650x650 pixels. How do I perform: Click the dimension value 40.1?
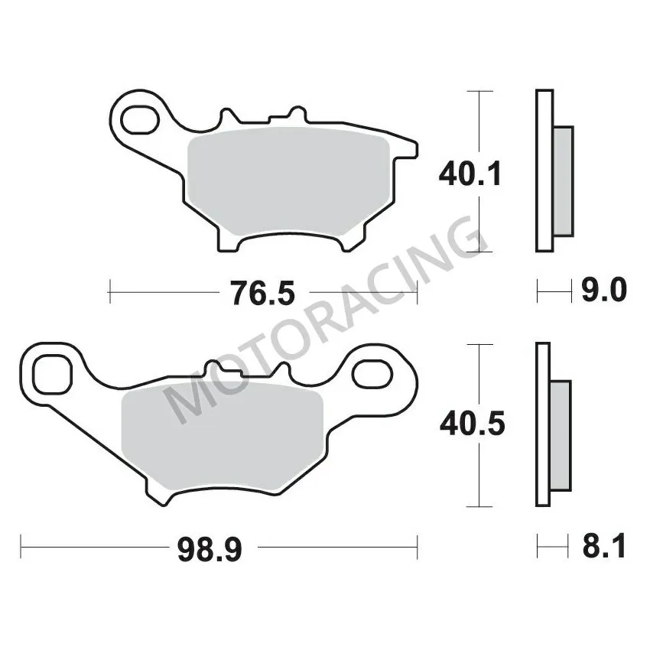point(470,175)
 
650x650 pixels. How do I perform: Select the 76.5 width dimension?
point(262,292)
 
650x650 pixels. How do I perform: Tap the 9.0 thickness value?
point(604,291)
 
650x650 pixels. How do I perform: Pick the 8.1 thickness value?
point(604,547)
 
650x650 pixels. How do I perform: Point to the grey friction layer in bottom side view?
point(561,437)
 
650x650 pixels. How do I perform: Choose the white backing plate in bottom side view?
point(543,424)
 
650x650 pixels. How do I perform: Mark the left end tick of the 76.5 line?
point(110,291)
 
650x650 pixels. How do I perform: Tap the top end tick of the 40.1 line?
point(479,91)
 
